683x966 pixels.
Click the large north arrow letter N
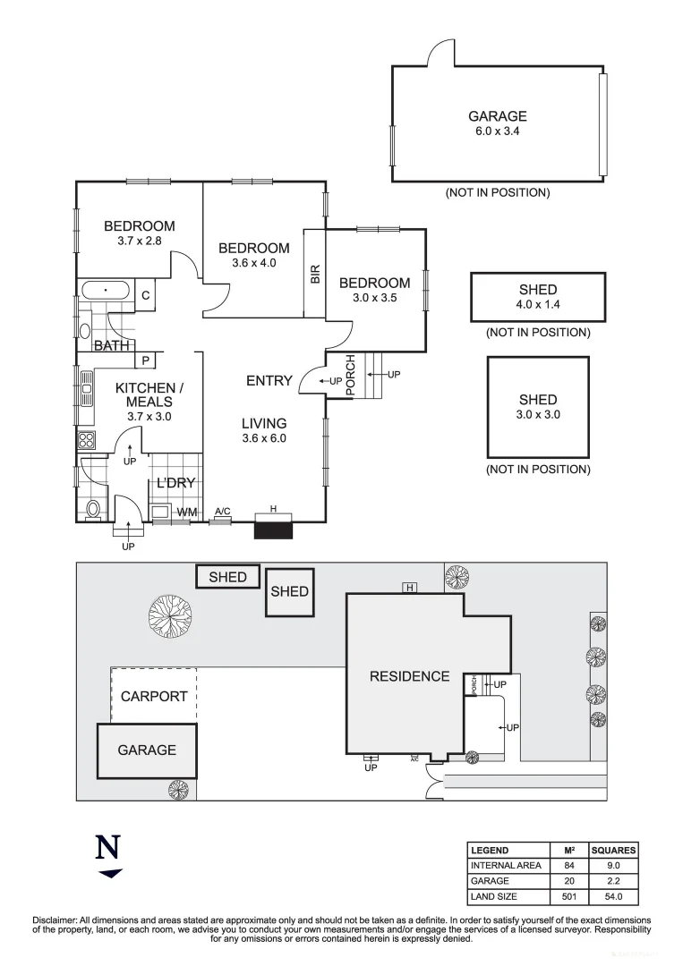(x=108, y=846)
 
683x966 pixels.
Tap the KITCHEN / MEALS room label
(x=149, y=394)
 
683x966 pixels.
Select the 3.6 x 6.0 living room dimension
(x=263, y=438)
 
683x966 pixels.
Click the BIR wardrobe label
(x=315, y=274)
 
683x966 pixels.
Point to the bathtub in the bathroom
(x=106, y=292)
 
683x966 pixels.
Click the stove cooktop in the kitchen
(x=87, y=440)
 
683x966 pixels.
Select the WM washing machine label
(x=186, y=513)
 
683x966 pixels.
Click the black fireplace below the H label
(x=273, y=530)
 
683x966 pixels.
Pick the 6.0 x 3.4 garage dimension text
(x=497, y=131)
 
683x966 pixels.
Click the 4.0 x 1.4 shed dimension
(x=537, y=304)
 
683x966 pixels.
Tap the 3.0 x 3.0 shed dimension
(x=537, y=414)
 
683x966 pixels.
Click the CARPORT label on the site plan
(x=154, y=696)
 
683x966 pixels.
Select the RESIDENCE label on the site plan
(x=409, y=676)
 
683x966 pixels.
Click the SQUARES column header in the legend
(x=613, y=851)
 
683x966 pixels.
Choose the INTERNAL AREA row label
(x=504, y=866)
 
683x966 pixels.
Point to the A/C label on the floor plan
(x=223, y=512)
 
